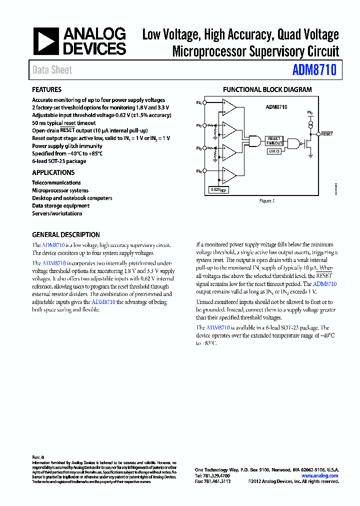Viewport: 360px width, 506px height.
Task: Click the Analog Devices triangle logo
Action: tap(46, 41)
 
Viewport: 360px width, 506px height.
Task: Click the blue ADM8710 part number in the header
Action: tap(314, 70)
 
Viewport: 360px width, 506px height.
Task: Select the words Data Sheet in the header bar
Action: tap(52, 70)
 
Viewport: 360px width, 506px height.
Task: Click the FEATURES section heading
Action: tap(46, 89)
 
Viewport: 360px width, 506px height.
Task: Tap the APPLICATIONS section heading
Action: tap(53, 172)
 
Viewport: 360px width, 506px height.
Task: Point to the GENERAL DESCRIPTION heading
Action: tap(66, 234)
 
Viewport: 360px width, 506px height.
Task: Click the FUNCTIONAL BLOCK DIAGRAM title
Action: tap(267, 90)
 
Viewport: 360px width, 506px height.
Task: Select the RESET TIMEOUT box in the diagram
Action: tap(274, 140)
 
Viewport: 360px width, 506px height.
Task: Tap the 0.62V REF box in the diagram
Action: tap(218, 190)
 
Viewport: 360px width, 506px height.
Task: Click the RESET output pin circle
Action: tap(318, 134)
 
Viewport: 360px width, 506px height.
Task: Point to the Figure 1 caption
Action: tap(267, 201)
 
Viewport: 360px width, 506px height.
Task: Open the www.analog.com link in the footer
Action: tap(319, 476)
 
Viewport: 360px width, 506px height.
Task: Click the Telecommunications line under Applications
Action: tap(56, 182)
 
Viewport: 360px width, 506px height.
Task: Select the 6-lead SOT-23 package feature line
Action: tap(59, 161)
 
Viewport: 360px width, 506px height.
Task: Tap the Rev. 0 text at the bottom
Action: tap(38, 457)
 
